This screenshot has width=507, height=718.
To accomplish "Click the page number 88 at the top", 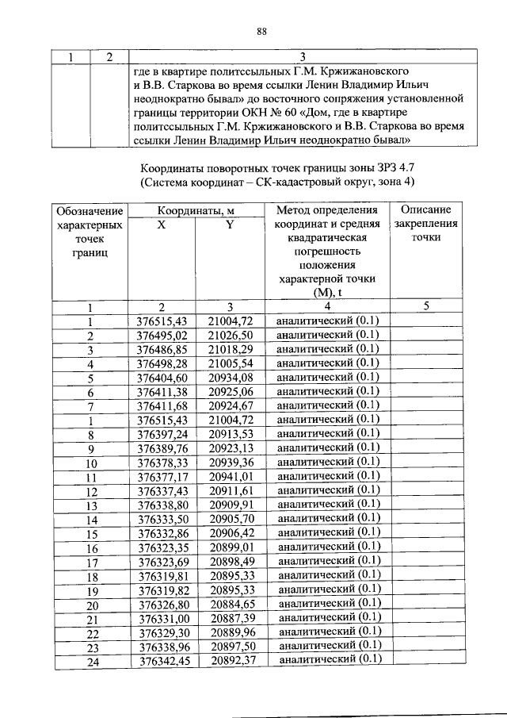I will click(x=263, y=32).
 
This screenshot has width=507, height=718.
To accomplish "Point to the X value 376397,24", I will click(x=162, y=434).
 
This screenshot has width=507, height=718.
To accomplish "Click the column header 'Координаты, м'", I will click(x=195, y=211).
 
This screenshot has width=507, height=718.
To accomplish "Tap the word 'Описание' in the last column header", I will click(x=425, y=210).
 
